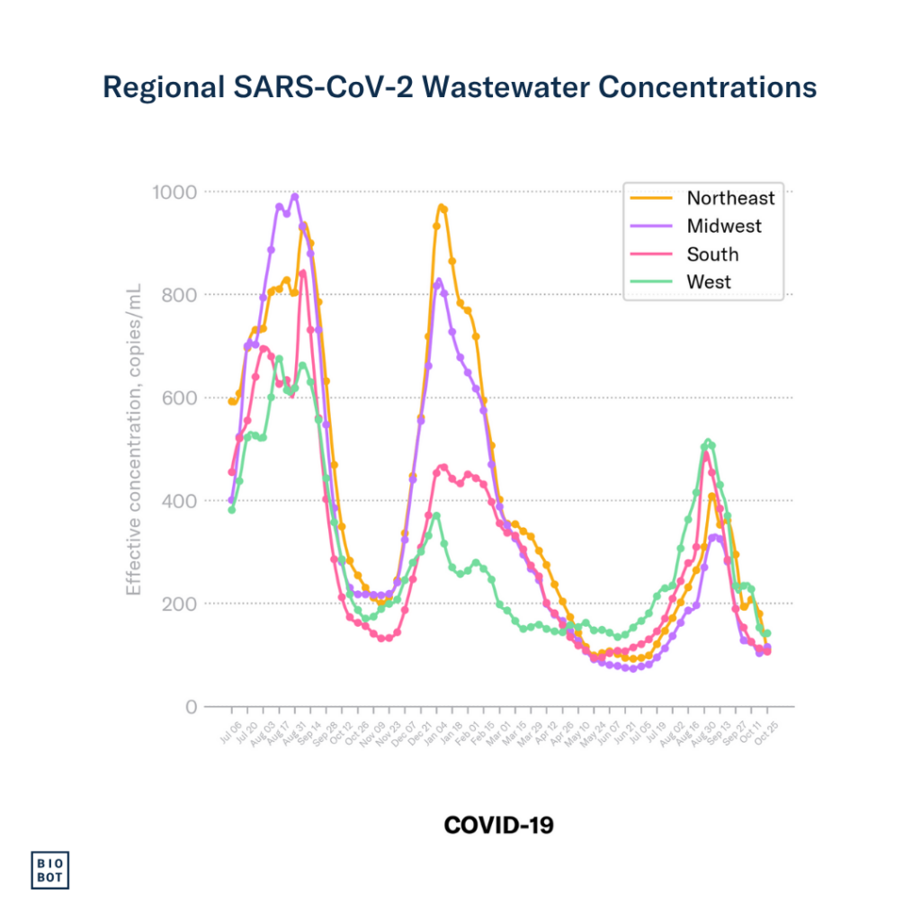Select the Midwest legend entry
(x=723, y=226)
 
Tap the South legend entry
(x=712, y=254)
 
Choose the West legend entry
(x=709, y=282)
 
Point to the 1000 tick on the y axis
(x=174, y=192)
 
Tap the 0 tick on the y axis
(x=191, y=707)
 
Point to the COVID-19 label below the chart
(x=499, y=824)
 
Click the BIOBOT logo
(x=52, y=869)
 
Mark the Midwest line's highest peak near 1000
(x=294, y=197)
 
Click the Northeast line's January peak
(x=441, y=207)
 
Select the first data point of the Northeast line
(x=231, y=402)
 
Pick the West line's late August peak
(x=709, y=442)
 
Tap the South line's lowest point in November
(x=384, y=639)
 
